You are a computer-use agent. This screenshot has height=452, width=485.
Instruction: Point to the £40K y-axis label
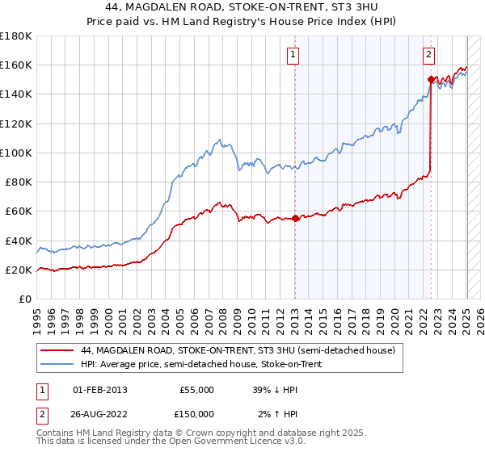tap(18, 241)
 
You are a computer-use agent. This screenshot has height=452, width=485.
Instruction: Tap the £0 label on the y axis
tap(25, 299)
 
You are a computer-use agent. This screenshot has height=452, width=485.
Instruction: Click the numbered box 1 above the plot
tap(293, 55)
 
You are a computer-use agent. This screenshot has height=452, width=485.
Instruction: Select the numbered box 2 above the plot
tap(428, 55)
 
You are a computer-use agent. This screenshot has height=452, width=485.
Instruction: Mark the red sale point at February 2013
tap(295, 218)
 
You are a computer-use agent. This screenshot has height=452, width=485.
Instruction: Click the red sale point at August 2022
tap(431, 79)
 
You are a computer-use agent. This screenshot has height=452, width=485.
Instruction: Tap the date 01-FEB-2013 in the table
tap(100, 390)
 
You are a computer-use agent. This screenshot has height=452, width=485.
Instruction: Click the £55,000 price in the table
tap(195, 390)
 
